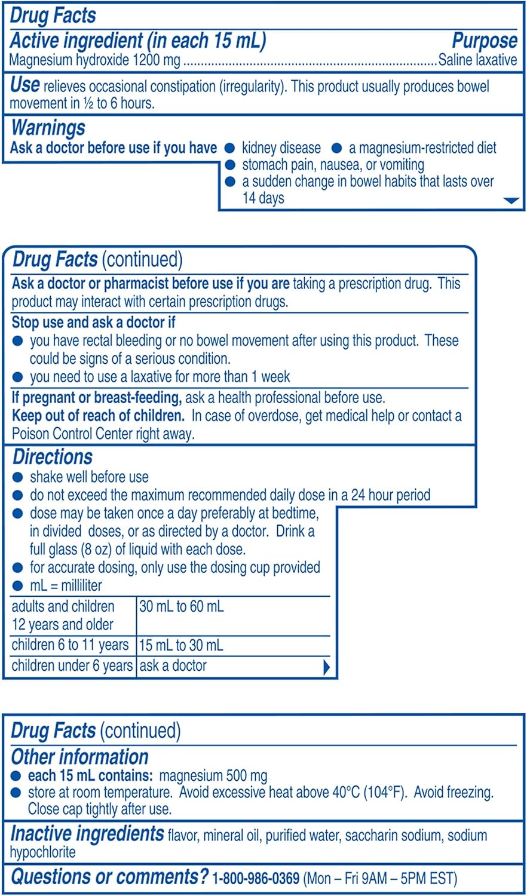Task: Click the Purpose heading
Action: pos(484,41)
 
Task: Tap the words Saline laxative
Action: pos(477,60)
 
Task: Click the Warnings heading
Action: pos(48,128)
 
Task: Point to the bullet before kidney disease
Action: pos(229,148)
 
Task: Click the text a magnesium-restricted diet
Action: pos(422,148)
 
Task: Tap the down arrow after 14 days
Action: pos(511,201)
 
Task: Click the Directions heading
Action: pos(53,457)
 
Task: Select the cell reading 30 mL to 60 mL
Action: pos(181,607)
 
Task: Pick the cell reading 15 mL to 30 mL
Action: pos(181,646)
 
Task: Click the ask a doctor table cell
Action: pos(173,666)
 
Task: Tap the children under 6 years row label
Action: pos(72,666)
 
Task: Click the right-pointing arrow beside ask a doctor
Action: pos(326,667)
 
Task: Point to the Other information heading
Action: pos(79,757)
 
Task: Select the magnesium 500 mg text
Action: pos(213,776)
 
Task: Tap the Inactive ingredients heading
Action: pos(87,833)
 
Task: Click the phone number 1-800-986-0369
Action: pos(256,878)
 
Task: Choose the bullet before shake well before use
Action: pos(18,477)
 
